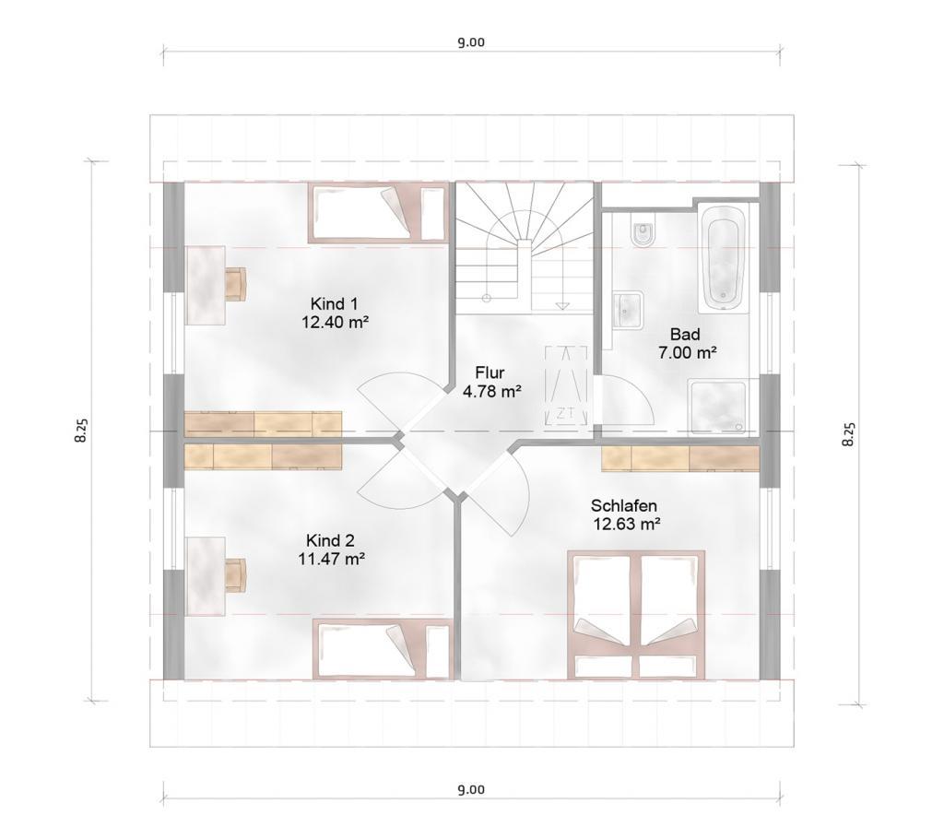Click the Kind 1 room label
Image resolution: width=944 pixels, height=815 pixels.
pyautogui.click(x=334, y=303)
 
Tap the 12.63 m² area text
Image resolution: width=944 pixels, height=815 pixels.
pyautogui.click(x=627, y=524)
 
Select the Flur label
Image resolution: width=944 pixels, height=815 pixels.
pyautogui.click(x=490, y=372)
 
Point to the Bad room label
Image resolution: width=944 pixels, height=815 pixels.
pyautogui.click(x=685, y=334)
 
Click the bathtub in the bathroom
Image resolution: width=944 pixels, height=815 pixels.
pyautogui.click(x=723, y=258)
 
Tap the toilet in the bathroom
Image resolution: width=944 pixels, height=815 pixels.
pyautogui.click(x=643, y=233)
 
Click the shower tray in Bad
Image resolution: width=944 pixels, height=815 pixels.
pyautogui.click(x=717, y=407)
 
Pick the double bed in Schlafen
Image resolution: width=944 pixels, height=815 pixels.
pyautogui.click(x=637, y=615)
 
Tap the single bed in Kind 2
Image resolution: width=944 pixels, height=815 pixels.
pyautogui.click(x=382, y=650)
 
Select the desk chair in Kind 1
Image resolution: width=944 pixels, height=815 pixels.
pyautogui.click(x=237, y=284)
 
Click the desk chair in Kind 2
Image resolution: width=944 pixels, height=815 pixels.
pyautogui.click(x=235, y=575)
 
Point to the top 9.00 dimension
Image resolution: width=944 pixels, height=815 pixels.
pyautogui.click(x=471, y=42)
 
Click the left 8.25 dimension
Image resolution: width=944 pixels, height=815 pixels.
pyautogui.click(x=81, y=431)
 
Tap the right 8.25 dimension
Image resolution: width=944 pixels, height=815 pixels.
pyautogui.click(x=848, y=434)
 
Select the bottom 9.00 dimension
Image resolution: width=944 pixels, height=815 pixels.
pyautogui.click(x=471, y=789)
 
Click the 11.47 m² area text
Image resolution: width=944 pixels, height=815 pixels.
pyautogui.click(x=332, y=559)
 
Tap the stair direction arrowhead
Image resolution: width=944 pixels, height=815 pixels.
pyautogui.click(x=562, y=306)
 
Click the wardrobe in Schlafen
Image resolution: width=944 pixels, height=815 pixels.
pyautogui.click(x=680, y=458)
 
